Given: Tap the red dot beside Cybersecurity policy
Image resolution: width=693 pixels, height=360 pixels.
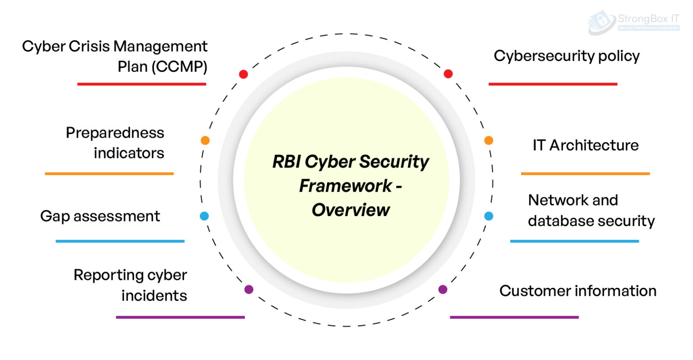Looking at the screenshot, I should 448,74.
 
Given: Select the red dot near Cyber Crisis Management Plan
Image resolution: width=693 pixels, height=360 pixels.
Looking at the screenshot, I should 243,74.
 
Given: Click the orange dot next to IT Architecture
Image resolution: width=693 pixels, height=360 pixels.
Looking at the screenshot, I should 489,140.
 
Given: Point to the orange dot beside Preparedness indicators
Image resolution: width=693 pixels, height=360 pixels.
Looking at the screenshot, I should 205,140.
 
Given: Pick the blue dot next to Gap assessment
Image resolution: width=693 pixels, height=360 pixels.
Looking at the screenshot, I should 204,216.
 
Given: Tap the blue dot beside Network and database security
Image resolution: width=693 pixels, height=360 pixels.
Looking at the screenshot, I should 489,216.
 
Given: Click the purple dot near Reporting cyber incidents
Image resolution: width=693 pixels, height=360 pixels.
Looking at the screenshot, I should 249,289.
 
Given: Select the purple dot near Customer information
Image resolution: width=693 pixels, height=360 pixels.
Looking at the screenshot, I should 443,289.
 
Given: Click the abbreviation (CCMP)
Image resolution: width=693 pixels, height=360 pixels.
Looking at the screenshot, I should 179,67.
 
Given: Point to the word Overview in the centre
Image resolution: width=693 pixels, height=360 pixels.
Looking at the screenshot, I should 351,210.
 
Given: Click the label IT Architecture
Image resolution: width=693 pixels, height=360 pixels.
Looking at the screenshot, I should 585,145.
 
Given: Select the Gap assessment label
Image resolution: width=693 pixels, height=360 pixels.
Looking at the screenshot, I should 100,216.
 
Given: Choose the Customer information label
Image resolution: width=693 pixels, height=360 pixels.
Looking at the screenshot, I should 577,291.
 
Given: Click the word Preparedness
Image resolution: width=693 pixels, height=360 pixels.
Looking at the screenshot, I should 115,133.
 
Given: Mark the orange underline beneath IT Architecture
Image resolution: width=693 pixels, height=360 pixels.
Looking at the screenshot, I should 585,174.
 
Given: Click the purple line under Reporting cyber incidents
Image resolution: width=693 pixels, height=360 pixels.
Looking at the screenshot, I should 180,317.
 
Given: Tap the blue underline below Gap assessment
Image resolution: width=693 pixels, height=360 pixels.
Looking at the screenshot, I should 120,241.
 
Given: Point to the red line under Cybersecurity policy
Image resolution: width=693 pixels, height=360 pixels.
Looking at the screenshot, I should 553,84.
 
